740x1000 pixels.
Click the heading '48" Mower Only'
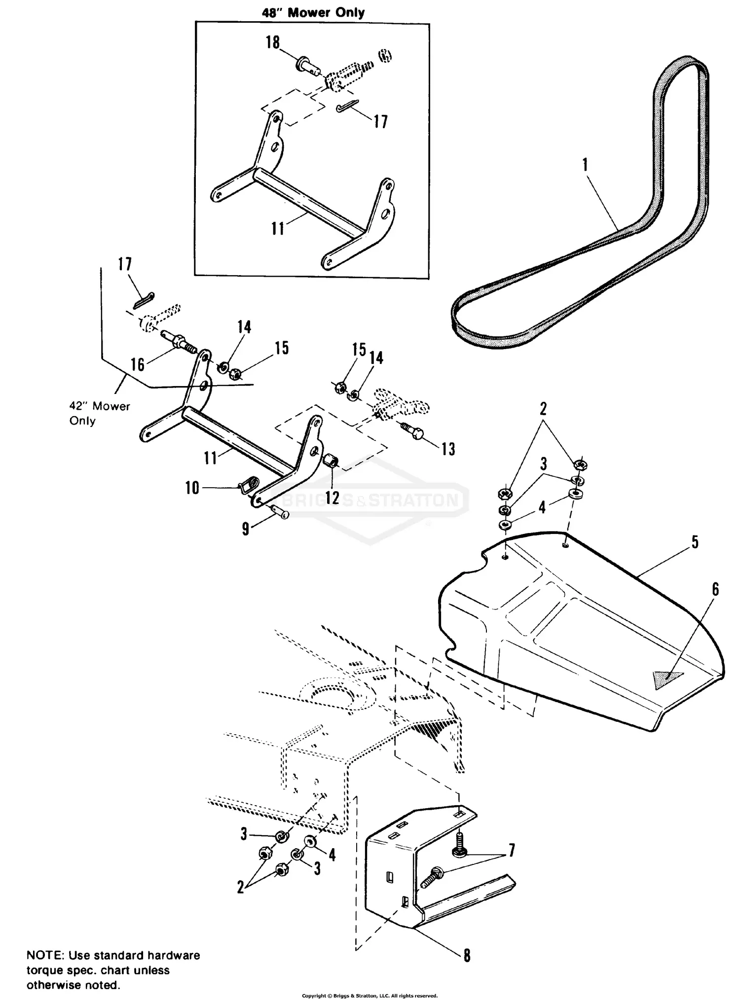313,12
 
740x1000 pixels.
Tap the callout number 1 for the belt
585,165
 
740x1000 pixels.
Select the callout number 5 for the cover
695,542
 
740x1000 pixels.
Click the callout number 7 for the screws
512,851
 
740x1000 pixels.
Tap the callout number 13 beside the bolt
448,449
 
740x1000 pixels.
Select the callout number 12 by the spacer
333,498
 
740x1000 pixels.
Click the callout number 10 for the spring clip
192,488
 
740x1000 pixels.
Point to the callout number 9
246,530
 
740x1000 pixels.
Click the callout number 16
138,364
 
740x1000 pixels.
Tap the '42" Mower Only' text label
99,413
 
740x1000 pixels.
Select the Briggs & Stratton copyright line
370,996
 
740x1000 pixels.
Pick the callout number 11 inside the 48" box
278,228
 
